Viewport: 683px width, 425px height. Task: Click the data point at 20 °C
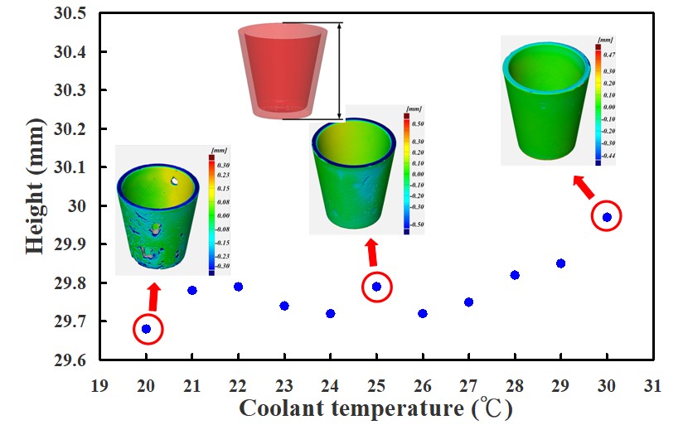[147, 329]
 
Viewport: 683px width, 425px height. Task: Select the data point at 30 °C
[607, 217]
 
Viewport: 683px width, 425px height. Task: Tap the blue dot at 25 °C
[376, 287]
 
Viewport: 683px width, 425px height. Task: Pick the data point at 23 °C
[284, 306]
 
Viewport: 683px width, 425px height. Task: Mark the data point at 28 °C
[515, 275]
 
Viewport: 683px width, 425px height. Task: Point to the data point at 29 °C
[560, 263]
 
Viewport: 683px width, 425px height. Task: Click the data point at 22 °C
[239, 287]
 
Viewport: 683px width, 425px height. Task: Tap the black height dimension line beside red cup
[339, 70]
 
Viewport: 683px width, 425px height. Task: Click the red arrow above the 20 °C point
[153, 296]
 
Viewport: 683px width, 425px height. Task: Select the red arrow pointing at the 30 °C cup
[584, 187]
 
